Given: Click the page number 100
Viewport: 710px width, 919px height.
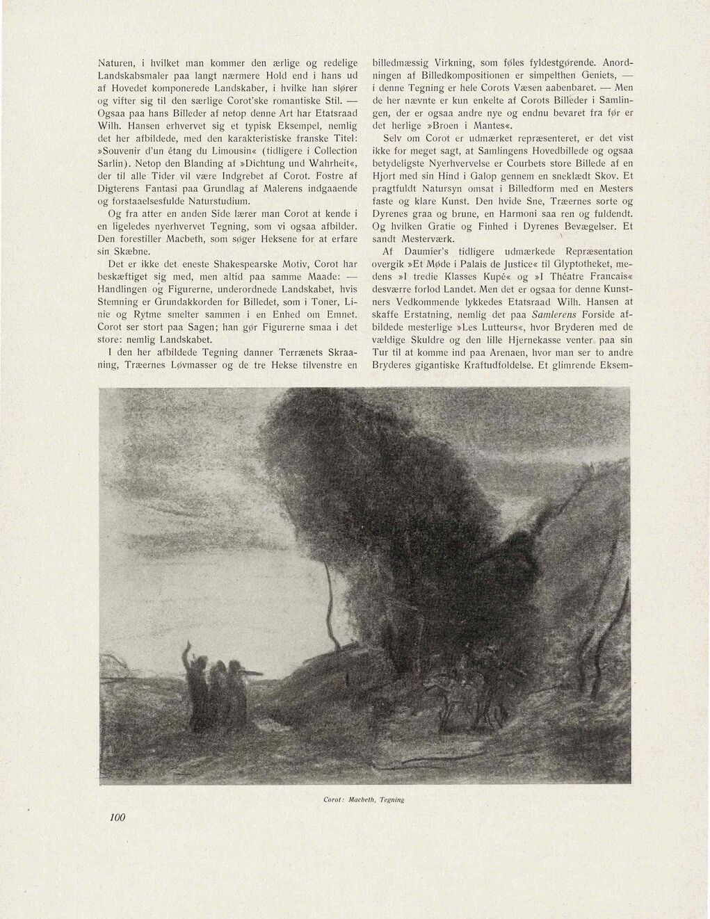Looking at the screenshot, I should (116, 818).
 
